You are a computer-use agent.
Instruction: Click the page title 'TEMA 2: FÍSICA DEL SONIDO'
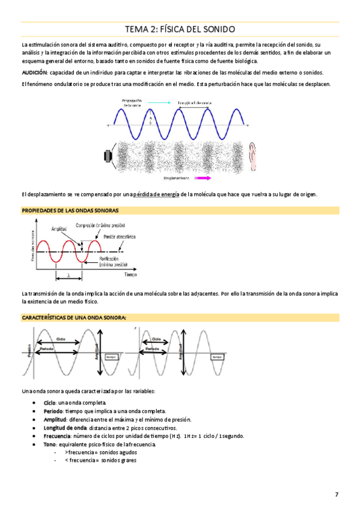coord(180,29)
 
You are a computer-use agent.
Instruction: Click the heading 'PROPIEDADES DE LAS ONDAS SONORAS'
coord(70,210)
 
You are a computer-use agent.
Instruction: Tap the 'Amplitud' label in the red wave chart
coord(59,229)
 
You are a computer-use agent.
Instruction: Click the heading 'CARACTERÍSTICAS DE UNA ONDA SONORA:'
coord(73,317)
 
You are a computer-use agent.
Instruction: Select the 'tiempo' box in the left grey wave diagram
coord(111,357)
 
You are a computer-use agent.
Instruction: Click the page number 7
coord(337,494)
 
